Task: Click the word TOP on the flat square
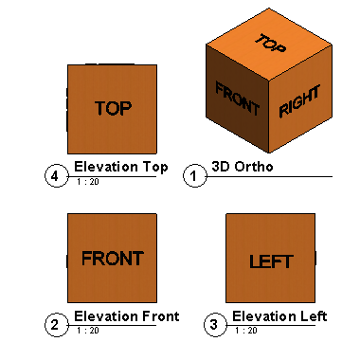coord(112,108)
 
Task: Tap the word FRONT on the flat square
coord(112,258)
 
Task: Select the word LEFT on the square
coord(270,262)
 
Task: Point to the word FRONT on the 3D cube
coord(237,98)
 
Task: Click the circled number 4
coord(56,175)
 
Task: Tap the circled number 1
coord(194,176)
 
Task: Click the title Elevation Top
coord(120,168)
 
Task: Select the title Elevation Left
coord(279,316)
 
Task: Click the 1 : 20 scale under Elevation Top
coord(87,181)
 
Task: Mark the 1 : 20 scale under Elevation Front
coord(87,331)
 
